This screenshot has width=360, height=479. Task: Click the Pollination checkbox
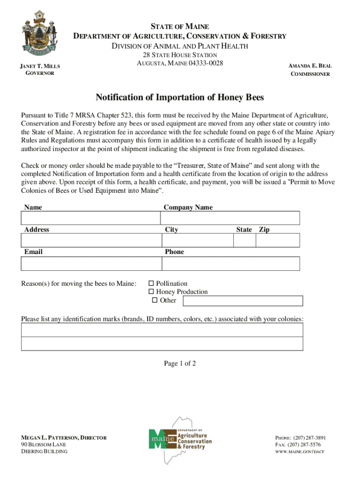click(x=151, y=283)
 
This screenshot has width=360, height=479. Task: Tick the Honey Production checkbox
click(x=151, y=292)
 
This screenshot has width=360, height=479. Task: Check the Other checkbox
click(x=155, y=300)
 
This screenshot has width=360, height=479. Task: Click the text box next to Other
click(x=243, y=301)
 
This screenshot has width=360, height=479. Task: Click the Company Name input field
click(x=230, y=218)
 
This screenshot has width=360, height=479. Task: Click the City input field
click(x=197, y=240)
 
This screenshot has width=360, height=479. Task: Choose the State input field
click(x=244, y=240)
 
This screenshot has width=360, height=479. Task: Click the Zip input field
click(x=278, y=240)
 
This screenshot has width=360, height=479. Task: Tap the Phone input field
click(x=230, y=263)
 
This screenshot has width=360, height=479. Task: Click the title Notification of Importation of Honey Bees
click(x=180, y=97)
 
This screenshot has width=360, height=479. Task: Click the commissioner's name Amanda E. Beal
click(x=310, y=66)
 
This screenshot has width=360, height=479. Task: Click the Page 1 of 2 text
click(x=180, y=363)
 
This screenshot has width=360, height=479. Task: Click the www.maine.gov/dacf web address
click(x=299, y=452)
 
